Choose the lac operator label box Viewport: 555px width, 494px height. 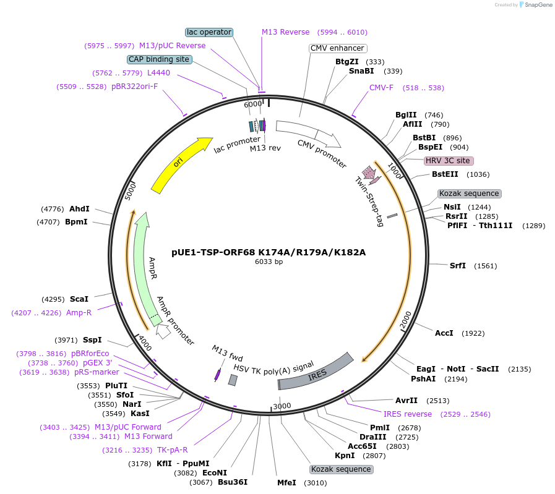pyautogui.click(x=209, y=32)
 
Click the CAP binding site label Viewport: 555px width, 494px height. pyautogui.click(x=160, y=59)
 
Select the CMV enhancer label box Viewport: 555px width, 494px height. pyautogui.click(x=337, y=48)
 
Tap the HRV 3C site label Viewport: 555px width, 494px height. pyautogui.click(x=449, y=161)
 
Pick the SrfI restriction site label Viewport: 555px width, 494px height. pyautogui.click(x=458, y=266)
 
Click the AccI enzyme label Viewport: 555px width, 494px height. pyautogui.click(x=444, y=333)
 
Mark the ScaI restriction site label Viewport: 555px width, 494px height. pyautogui.click(x=79, y=299)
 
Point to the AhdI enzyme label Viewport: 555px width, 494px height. pyautogui.click(x=79, y=209)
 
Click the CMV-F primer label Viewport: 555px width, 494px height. pyautogui.click(x=381, y=88)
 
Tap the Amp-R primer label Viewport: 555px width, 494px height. pyautogui.click(x=79, y=313)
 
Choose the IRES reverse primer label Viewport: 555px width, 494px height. pyautogui.click(x=408, y=414)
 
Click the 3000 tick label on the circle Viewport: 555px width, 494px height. pyautogui.click(x=282, y=406)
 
